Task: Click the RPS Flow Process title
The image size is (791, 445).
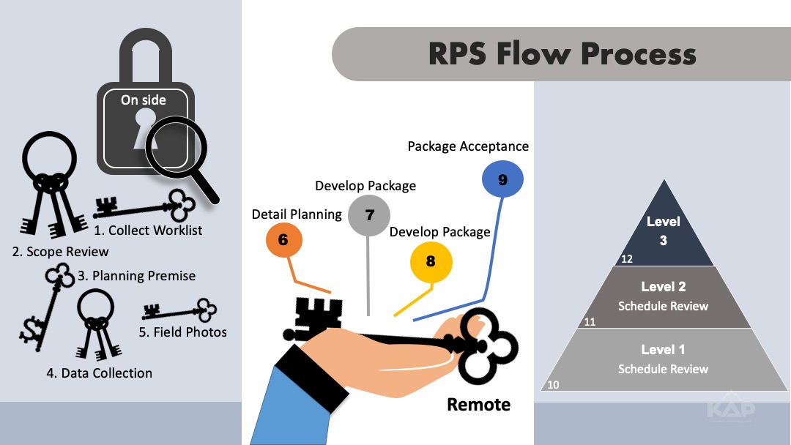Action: (562, 54)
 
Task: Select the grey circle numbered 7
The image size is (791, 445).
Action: (369, 215)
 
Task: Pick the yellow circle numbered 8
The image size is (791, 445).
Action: (431, 261)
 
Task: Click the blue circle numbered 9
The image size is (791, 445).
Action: (502, 180)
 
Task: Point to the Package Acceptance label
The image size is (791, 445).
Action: (468, 146)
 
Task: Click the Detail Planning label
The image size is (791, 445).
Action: (297, 214)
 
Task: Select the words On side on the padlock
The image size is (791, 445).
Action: (144, 100)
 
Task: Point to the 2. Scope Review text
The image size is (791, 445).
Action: (60, 252)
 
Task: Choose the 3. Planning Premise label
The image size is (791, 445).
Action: (136, 276)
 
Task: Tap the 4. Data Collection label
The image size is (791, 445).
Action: (100, 373)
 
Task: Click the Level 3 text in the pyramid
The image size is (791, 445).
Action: (663, 230)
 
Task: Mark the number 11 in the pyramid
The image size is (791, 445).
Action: (590, 321)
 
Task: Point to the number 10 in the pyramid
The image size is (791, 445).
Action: (553, 384)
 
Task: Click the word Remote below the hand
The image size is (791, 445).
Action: (478, 404)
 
